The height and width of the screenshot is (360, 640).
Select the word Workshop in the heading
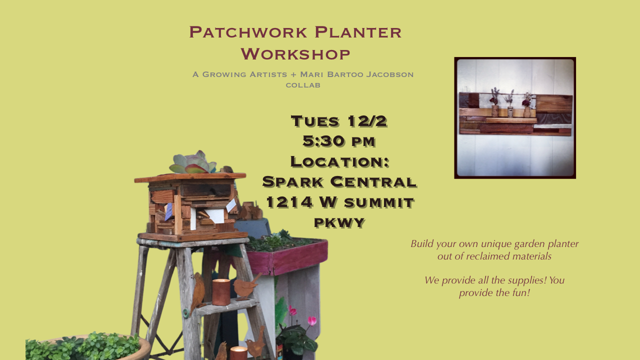pos(295,54)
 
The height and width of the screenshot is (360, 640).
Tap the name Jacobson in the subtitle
pos(390,74)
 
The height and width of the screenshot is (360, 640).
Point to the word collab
pos(303,85)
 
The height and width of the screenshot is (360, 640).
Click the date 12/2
pos(367,121)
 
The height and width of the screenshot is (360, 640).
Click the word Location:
pos(339,161)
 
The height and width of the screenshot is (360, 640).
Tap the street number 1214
pos(288,202)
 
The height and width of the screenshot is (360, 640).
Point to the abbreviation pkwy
pos(339,222)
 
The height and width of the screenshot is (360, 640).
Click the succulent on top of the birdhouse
pos(192,163)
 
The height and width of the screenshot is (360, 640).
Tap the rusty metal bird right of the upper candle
pos(245,287)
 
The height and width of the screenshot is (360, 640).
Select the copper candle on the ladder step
pos(221,292)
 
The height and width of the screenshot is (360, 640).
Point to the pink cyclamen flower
pos(311,320)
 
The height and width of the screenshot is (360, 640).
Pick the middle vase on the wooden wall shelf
pos(510,109)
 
